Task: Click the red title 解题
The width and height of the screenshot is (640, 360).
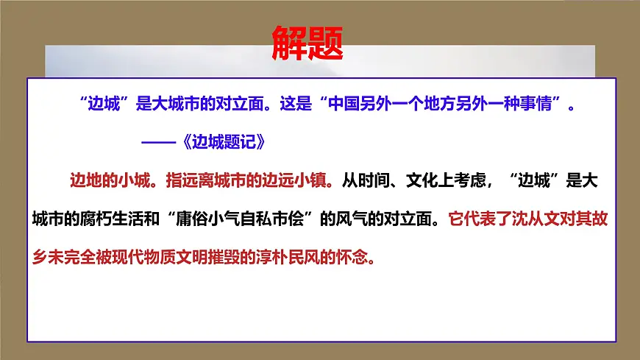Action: coord(307,43)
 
